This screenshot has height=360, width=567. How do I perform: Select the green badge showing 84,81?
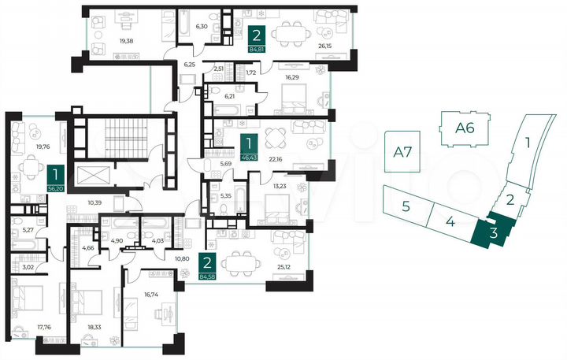point(257,39)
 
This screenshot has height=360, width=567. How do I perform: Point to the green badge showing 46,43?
point(249,147)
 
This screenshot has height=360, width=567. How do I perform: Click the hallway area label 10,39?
point(94,203)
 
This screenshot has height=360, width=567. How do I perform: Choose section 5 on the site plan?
point(405,207)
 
